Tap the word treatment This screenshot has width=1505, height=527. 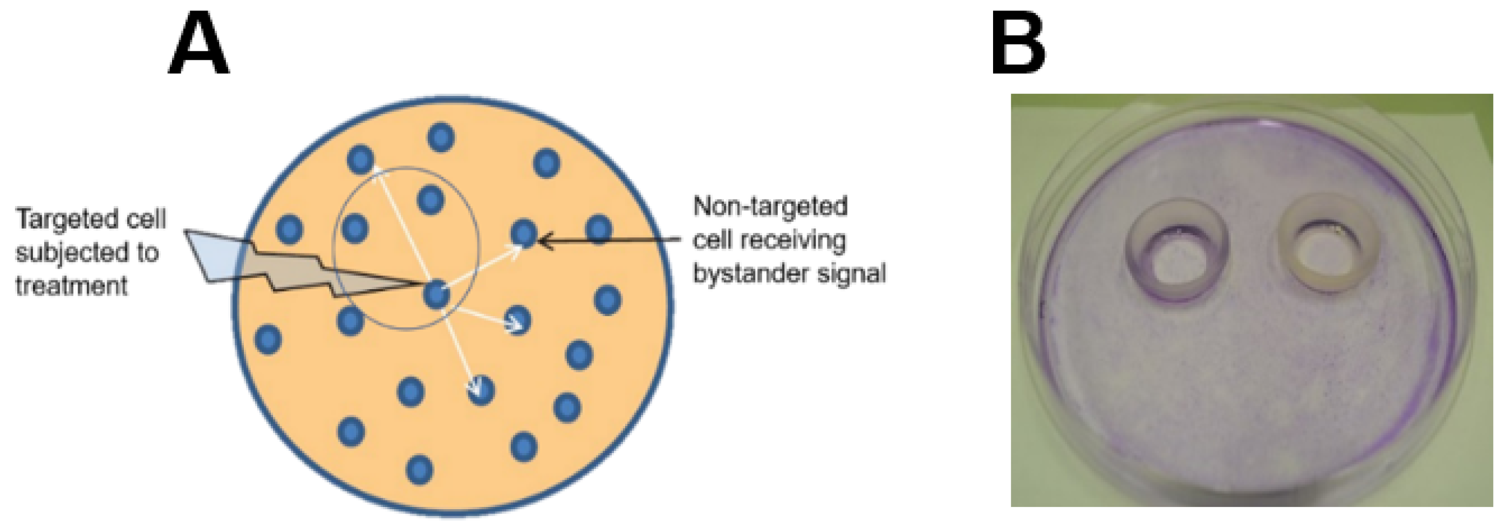(x=71, y=286)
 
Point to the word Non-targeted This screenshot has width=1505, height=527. (x=769, y=206)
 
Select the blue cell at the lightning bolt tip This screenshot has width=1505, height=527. (x=436, y=294)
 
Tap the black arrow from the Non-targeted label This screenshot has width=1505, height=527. (x=607, y=239)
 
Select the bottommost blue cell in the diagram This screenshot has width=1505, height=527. (x=420, y=469)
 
